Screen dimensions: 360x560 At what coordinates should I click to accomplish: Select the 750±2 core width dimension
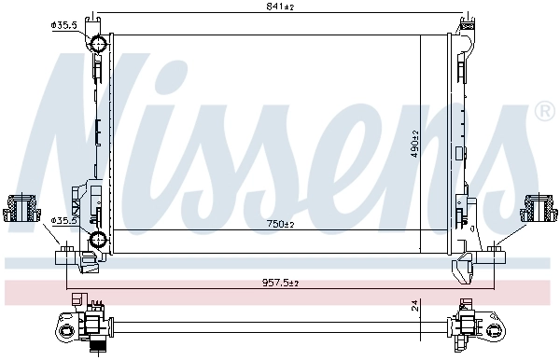pos(278,225)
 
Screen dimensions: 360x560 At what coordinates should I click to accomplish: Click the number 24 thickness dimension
pos(413,305)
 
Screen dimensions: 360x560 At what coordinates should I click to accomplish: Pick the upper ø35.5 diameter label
pos(63,26)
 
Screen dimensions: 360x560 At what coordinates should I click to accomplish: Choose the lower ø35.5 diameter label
pos(63,221)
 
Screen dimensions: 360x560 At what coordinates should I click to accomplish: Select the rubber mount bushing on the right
pos(539,209)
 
